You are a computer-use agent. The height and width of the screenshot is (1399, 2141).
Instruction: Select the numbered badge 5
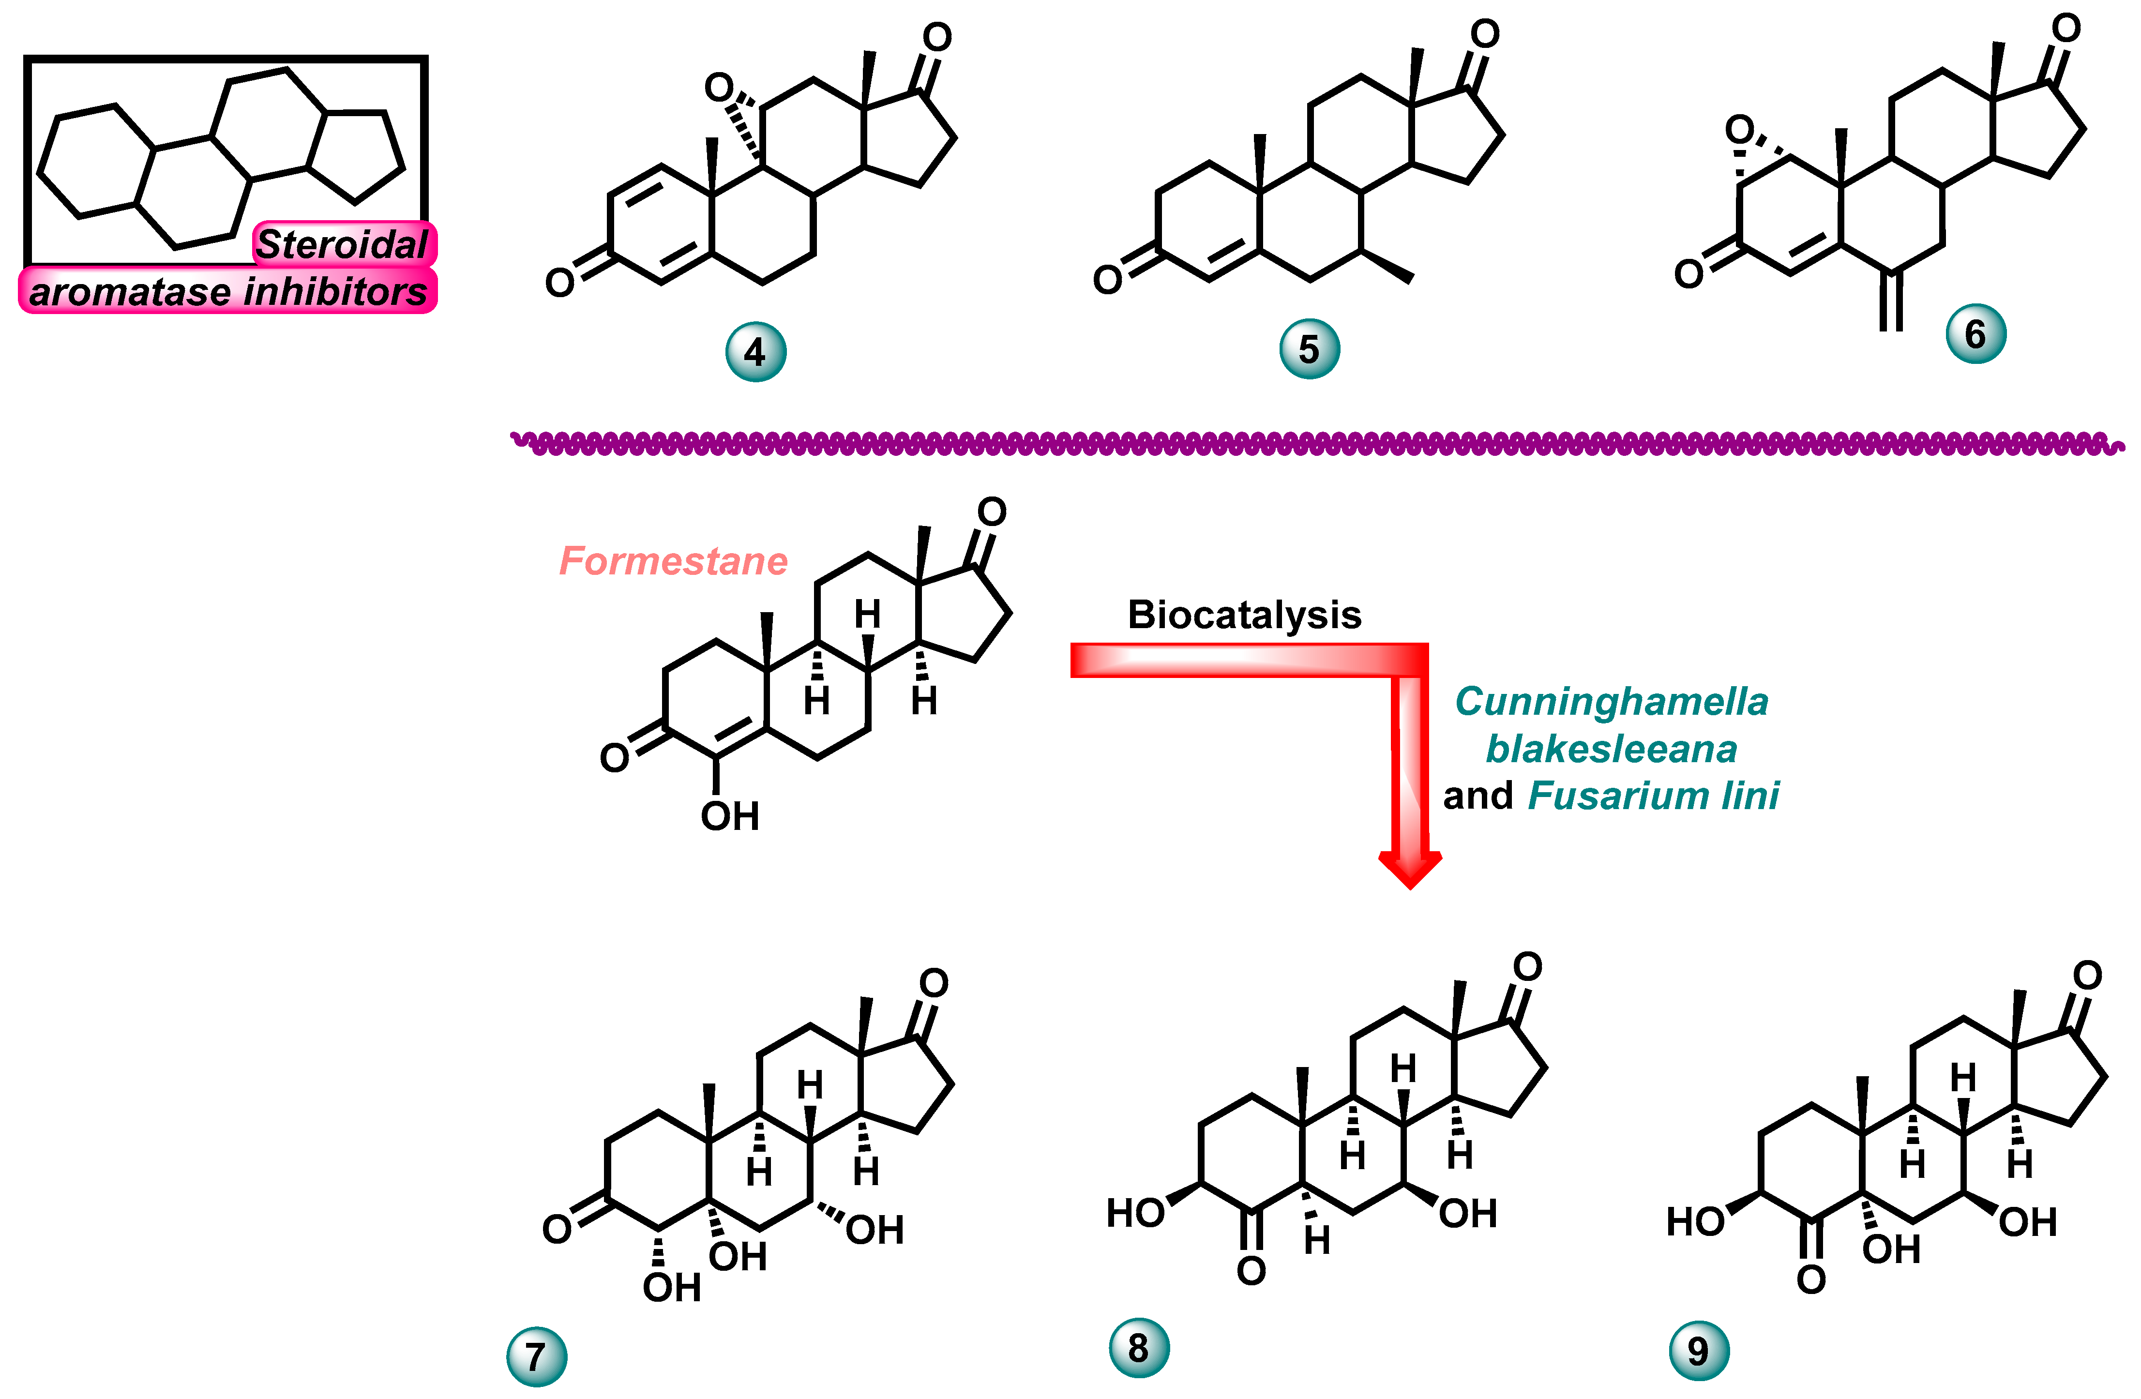coord(1309,349)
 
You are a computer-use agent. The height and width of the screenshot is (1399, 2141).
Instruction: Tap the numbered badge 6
coord(1975,334)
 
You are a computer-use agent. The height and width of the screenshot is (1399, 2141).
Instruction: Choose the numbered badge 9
coord(1698,1351)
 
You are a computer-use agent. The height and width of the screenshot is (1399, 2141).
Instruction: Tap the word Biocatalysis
coord(1244,616)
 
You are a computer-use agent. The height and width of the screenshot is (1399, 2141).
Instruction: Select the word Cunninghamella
coord(1611,702)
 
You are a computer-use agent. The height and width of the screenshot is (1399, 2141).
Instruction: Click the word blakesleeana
coord(1611,749)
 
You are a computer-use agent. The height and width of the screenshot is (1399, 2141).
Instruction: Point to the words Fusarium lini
coord(1654,796)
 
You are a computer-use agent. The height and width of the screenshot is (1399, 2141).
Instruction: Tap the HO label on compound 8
coord(1135,1214)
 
